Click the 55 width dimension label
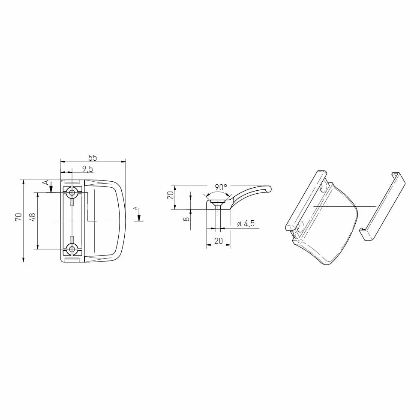coord(93,158)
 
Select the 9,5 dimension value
coord(87,169)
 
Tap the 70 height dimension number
coord(18,217)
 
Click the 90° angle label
coord(221,187)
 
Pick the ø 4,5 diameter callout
coord(246,223)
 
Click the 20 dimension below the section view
coord(219,241)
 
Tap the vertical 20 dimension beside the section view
coord(171,195)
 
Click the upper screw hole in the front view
coord(72,192)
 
